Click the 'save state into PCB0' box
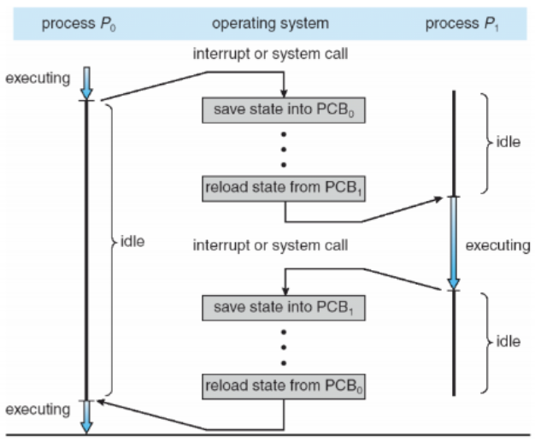tap(284, 110)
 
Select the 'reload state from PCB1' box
tap(284, 189)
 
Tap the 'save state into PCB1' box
tap(284, 308)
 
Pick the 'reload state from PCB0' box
tap(284, 386)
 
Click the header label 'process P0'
tap(79, 24)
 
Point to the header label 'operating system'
tap(271, 24)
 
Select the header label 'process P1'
tap(462, 24)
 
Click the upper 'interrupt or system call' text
tap(271, 54)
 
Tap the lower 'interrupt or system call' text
tap(271, 245)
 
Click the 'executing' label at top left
tap(38, 79)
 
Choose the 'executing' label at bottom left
tap(38, 410)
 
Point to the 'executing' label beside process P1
tap(497, 245)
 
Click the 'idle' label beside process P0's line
tap(132, 242)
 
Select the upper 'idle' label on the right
tap(508, 142)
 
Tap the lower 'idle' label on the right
tap(508, 342)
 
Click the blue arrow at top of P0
tap(86, 83)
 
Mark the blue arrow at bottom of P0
tap(86, 416)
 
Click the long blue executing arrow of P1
tap(454, 244)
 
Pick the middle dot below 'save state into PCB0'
tap(284, 150)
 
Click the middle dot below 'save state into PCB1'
tap(284, 347)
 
